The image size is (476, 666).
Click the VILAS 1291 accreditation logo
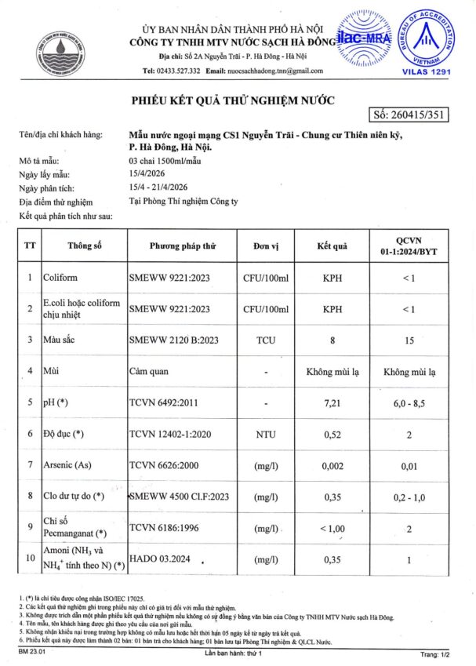pos(433,40)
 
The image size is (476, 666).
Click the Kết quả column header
pos(332,245)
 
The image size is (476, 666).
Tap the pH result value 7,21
pos(332,402)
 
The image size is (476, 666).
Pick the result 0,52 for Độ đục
pos(332,434)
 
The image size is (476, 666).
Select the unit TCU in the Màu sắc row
pos(266,340)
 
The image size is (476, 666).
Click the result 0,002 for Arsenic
pos(332,465)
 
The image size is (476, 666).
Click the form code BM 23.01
pos(34,652)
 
